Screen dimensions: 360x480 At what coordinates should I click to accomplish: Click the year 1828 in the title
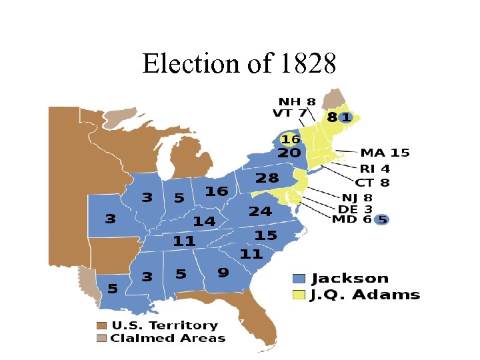[x=305, y=64]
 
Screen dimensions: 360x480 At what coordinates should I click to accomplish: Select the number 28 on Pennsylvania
[x=267, y=178]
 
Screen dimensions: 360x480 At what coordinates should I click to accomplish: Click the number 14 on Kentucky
[x=204, y=221]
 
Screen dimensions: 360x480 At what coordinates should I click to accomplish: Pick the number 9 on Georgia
[x=223, y=272]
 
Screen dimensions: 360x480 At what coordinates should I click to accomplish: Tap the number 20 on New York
[x=289, y=153]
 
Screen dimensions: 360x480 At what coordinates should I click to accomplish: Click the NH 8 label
[x=297, y=102]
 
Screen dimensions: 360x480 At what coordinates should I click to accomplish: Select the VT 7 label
[x=289, y=113]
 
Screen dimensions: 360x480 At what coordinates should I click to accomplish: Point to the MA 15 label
[x=385, y=153]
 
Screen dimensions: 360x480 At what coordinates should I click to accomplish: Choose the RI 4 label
[x=375, y=169]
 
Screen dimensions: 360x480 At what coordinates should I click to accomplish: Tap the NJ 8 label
[x=357, y=198]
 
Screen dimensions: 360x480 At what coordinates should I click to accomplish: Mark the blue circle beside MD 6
[x=382, y=219]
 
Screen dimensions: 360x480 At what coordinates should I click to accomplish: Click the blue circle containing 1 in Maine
[x=345, y=117]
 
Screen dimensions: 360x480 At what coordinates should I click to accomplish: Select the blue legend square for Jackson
[x=299, y=279]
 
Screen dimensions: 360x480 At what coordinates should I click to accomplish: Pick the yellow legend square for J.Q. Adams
[x=299, y=294]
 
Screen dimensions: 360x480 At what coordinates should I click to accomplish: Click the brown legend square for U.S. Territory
[x=101, y=325]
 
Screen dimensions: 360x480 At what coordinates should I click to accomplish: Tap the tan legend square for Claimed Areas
[x=101, y=338]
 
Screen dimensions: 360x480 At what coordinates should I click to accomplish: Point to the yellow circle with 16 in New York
[x=290, y=139]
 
